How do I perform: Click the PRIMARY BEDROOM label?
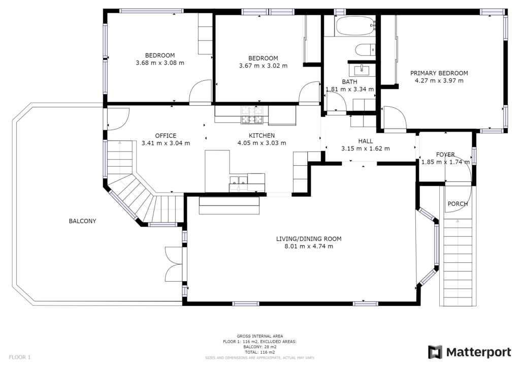(x=439, y=73)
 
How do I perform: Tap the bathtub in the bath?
(x=355, y=26)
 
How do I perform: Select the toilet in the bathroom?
(x=365, y=50)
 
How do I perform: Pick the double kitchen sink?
(x=239, y=184)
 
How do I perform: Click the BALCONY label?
(x=82, y=221)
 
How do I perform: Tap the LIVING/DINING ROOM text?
(x=309, y=238)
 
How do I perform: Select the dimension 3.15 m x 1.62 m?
(x=366, y=148)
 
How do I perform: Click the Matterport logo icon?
(x=435, y=352)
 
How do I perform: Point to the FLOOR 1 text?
(x=20, y=357)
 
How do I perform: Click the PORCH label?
(x=458, y=204)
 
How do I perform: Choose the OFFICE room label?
(x=166, y=136)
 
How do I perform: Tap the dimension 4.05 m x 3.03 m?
(x=262, y=143)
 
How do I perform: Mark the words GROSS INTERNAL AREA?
(x=260, y=336)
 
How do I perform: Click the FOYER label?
(x=445, y=155)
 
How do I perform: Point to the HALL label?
(x=366, y=141)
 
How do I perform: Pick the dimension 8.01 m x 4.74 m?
(x=309, y=246)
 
